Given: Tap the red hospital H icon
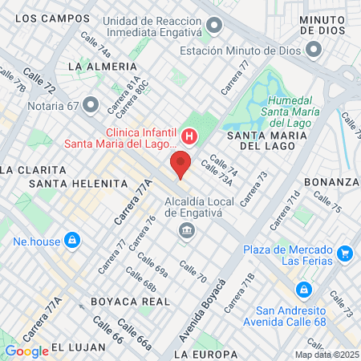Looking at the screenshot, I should [x=189, y=136].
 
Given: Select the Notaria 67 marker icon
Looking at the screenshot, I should [x=90, y=104].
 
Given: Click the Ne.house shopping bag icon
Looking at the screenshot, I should [x=72, y=239].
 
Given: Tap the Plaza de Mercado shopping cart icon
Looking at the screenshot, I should [x=345, y=254].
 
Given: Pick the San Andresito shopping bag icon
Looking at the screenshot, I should [x=303, y=289].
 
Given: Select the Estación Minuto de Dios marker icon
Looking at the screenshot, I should [x=313, y=50].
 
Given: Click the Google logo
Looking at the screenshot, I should [x=26, y=351].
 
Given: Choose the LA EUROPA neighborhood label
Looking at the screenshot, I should [x=205, y=354].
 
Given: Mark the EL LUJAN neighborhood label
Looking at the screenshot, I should [x=79, y=347].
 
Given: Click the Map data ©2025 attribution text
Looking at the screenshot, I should [x=326, y=355].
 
